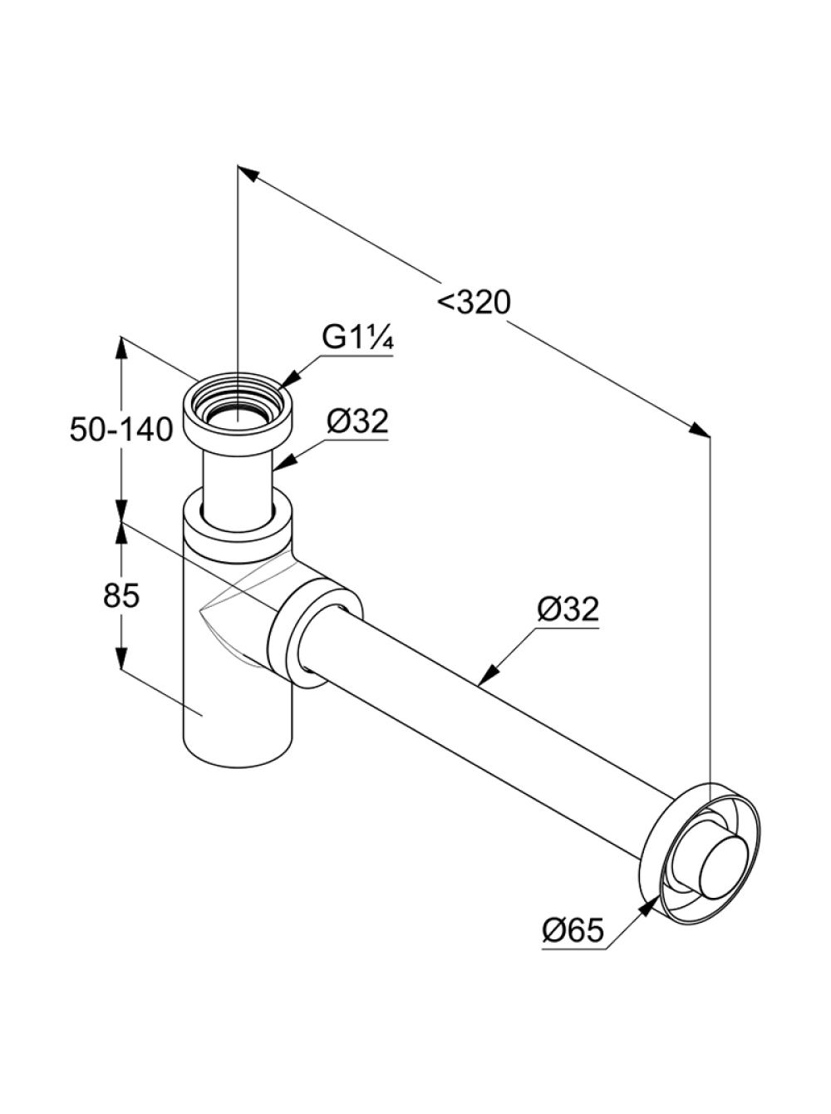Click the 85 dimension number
(x=121, y=595)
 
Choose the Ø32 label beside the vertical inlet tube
(x=357, y=421)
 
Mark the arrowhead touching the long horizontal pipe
(x=489, y=676)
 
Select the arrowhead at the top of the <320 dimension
(x=249, y=174)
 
